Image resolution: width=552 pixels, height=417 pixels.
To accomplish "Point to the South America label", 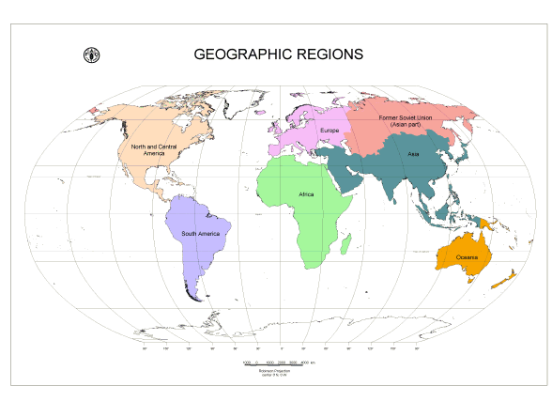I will click(x=200, y=233).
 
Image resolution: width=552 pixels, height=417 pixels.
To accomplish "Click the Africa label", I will click(x=306, y=194).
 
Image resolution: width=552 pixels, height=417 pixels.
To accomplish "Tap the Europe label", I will click(x=330, y=130).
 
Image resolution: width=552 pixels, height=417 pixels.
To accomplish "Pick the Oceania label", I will click(x=468, y=256).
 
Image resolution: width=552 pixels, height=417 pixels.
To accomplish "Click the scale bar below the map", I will click(x=279, y=362).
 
